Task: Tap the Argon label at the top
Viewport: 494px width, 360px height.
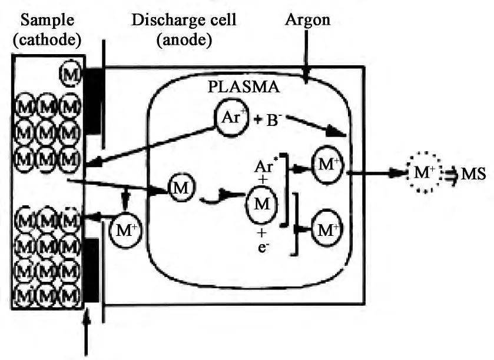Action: click(x=307, y=19)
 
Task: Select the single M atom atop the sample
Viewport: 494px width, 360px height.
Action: click(x=71, y=75)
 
